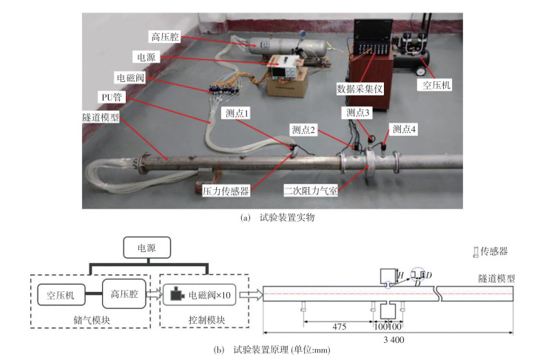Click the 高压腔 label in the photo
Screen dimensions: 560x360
point(165,37)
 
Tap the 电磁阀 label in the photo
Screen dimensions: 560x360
point(130,78)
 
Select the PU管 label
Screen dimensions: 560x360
point(112,97)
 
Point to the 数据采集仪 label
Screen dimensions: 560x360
point(360,89)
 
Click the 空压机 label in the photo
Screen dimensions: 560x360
point(436,85)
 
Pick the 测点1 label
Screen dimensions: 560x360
point(237,113)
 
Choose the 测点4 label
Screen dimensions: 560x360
point(404,129)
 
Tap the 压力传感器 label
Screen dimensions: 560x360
point(226,191)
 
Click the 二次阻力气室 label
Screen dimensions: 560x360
point(311,191)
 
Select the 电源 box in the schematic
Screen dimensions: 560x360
point(146,247)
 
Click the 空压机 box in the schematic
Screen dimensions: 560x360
point(61,295)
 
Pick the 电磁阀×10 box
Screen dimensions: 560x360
point(199,295)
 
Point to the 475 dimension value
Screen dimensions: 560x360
point(339,327)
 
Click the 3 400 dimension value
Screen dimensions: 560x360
point(394,339)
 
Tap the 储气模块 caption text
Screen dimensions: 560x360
point(92,319)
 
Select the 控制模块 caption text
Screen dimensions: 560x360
point(207,319)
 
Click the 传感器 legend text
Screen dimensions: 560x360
point(494,251)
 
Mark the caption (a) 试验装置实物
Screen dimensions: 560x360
point(277,217)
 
